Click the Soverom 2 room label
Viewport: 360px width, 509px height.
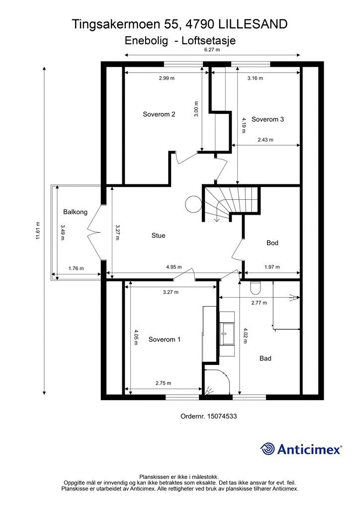click(x=159, y=114)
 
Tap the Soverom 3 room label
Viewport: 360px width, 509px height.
click(x=268, y=119)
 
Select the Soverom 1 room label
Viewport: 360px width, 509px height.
click(x=165, y=339)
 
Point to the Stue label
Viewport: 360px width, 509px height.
click(x=158, y=236)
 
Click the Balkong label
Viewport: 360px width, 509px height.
click(x=75, y=212)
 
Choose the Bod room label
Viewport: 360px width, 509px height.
click(x=272, y=243)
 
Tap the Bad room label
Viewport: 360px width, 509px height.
click(x=266, y=358)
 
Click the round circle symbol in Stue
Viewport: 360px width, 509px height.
click(x=191, y=203)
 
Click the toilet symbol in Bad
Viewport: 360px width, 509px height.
click(x=256, y=287)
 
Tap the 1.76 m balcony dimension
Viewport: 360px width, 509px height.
click(x=76, y=268)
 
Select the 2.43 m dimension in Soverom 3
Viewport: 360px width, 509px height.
click(x=266, y=140)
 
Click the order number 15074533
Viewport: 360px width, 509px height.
click(x=222, y=417)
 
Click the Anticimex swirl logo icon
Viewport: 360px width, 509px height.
click(x=268, y=449)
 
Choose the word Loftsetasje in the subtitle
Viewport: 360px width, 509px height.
click(x=209, y=42)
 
